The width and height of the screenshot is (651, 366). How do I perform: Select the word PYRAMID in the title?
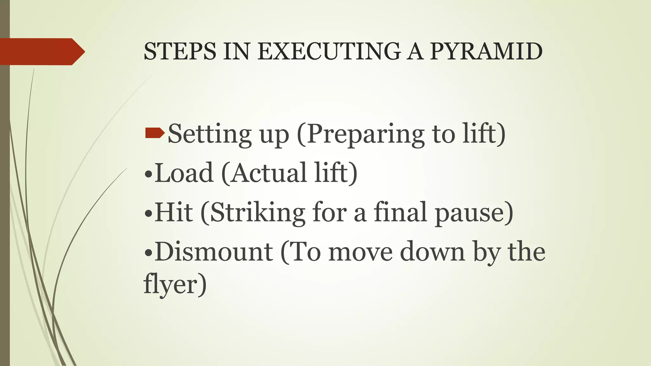[486, 52]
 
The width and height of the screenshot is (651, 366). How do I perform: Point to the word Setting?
[209, 134]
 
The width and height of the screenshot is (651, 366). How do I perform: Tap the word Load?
[184, 173]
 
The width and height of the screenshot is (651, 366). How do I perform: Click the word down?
[433, 252]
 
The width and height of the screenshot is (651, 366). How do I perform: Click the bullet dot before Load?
[148, 174]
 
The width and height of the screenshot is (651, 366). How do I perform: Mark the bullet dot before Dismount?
[148, 253]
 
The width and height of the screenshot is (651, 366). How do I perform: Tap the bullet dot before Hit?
[148, 214]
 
